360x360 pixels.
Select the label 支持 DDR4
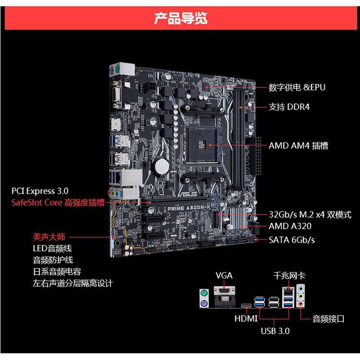(x=289, y=106)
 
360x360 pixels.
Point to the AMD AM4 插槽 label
(x=298, y=145)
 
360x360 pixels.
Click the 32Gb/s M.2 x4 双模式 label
(x=310, y=215)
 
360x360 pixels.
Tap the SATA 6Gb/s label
(x=291, y=240)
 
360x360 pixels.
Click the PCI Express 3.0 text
(x=40, y=191)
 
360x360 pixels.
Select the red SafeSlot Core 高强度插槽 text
(x=58, y=202)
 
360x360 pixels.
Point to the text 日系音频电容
(x=57, y=271)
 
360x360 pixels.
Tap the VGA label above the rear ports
(x=224, y=275)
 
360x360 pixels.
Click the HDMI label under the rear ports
(x=246, y=318)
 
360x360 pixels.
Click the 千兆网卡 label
(x=289, y=275)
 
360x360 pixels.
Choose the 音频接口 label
(x=328, y=318)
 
